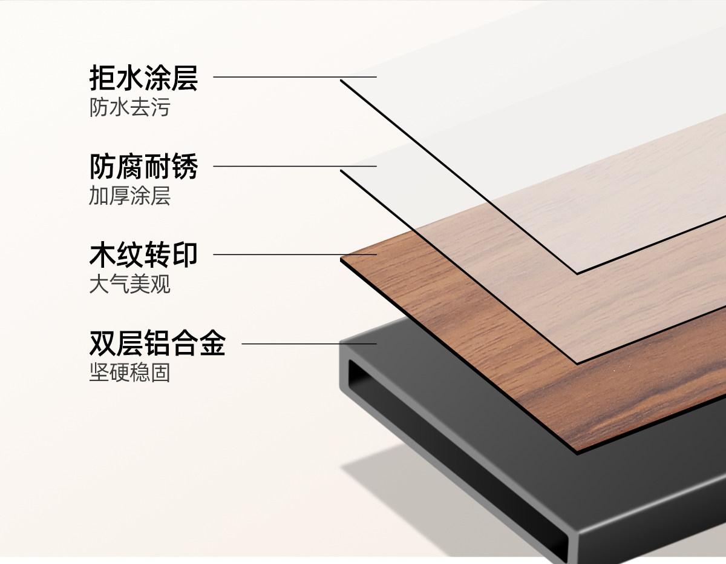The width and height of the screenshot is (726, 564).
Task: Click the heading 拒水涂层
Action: coord(143,78)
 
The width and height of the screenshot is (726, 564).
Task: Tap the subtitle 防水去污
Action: coord(129,108)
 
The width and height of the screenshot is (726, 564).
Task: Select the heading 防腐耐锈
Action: coord(143,167)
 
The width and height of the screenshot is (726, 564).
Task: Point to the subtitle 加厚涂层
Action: coord(129,196)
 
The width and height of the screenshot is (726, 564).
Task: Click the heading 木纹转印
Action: coord(143,255)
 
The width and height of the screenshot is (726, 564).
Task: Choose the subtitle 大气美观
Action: coord(129,285)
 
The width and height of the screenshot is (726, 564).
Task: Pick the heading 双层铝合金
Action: coord(157,343)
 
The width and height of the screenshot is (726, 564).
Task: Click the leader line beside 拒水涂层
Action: coord(295,77)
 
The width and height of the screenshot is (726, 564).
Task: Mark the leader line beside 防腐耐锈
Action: coord(295,166)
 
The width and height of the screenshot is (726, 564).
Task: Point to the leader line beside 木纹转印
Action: coord(295,254)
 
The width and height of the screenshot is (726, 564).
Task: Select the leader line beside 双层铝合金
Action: coord(309,343)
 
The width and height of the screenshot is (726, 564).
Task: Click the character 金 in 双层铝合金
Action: coord(212,343)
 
